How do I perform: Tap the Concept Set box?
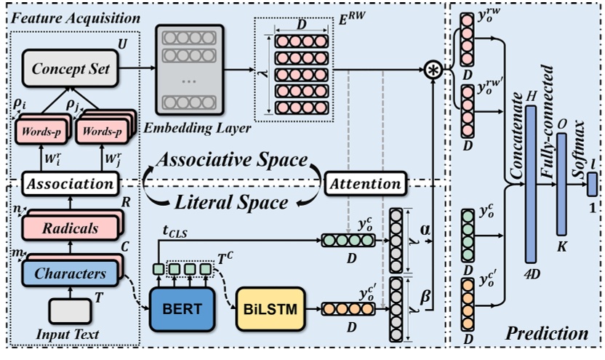pos(70,69)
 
